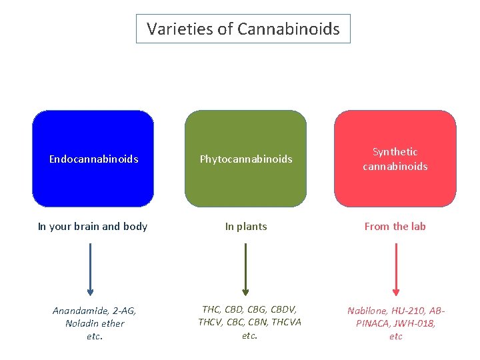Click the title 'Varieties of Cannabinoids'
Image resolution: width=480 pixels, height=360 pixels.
243,29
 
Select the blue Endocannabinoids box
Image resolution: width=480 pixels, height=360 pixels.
93,159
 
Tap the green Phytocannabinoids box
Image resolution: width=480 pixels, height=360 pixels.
245,159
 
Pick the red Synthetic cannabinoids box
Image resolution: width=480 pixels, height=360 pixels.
395,159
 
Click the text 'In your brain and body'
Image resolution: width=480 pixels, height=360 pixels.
93,226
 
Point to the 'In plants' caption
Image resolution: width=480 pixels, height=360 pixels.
246,226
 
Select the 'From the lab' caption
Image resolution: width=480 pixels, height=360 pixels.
395,226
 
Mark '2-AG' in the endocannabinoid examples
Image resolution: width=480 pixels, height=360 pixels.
123,311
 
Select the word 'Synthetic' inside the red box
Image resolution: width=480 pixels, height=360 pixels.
395,152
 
